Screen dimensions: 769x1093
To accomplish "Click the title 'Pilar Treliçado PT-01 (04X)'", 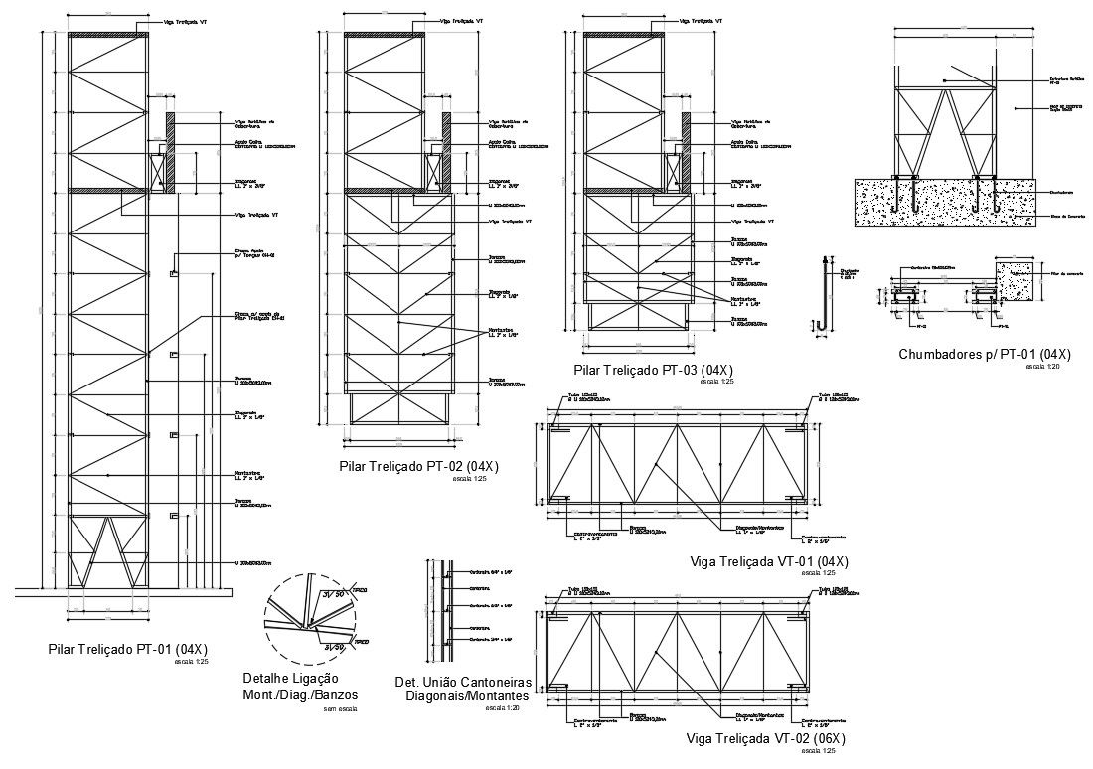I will [x=128, y=649].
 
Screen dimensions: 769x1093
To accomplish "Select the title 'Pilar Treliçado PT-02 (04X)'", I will [x=418, y=466].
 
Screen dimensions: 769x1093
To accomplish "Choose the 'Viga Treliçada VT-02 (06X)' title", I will [x=765, y=738].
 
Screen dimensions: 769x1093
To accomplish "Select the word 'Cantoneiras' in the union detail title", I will [x=495, y=682].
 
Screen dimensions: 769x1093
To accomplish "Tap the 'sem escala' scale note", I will [x=340, y=709].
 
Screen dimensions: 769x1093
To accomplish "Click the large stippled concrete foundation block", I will [x=944, y=203].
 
